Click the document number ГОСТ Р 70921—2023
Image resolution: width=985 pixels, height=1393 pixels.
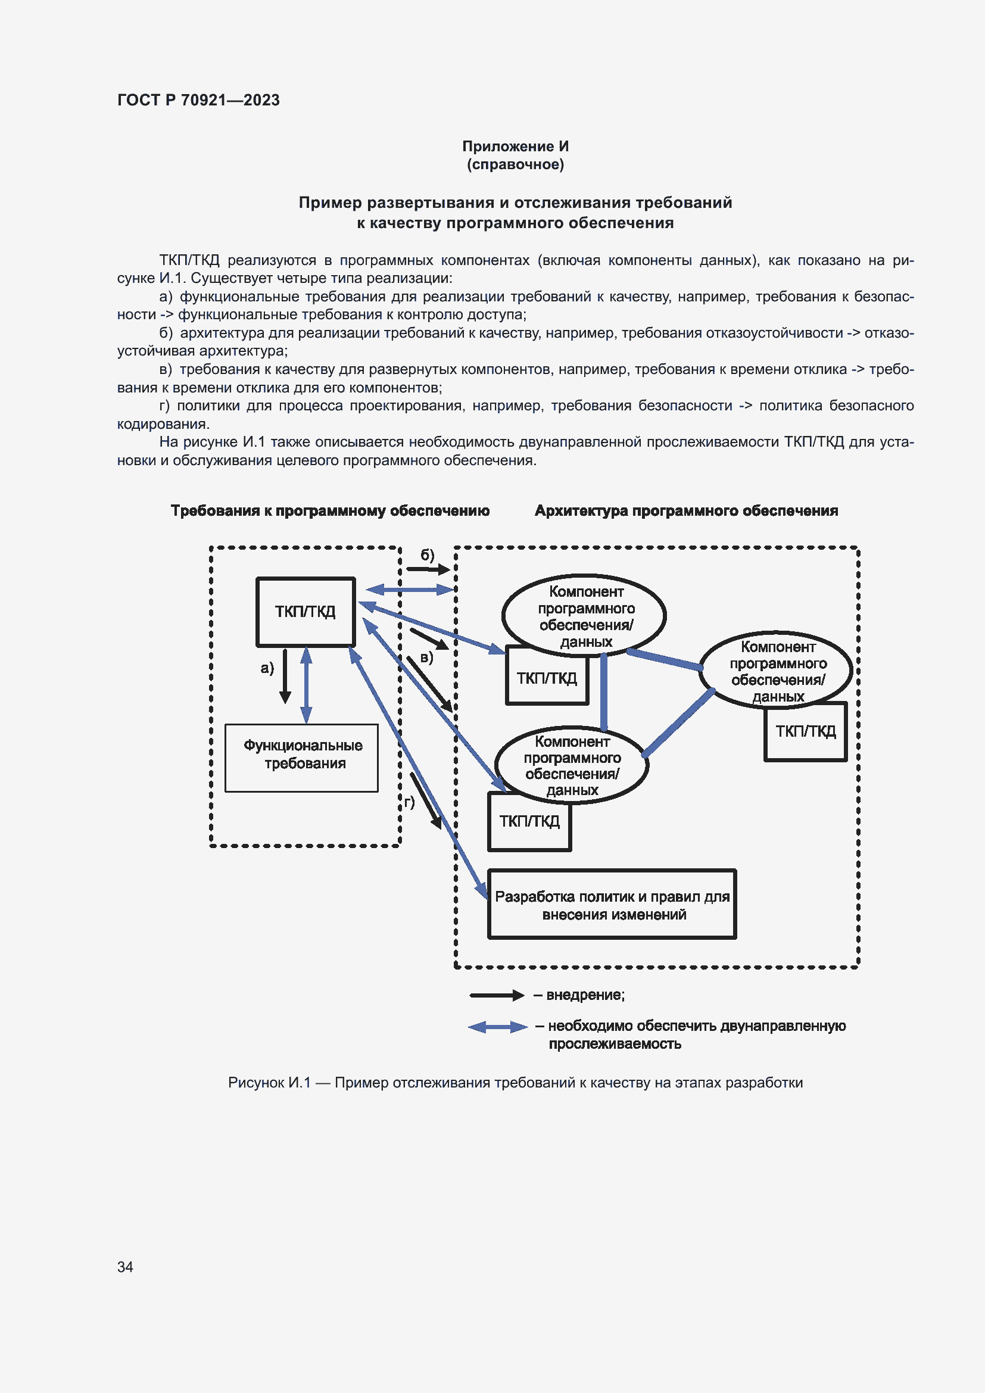pyautogui.click(x=198, y=100)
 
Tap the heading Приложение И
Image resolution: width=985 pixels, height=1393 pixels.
pyautogui.click(x=515, y=147)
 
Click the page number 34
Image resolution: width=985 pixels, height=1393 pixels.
pyautogui.click(x=125, y=1267)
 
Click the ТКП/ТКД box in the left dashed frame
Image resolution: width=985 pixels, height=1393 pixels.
pyautogui.click(x=305, y=612)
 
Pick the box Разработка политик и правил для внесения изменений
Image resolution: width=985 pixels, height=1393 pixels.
pyautogui.click(x=612, y=905)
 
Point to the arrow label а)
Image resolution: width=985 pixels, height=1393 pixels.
pyautogui.click(x=267, y=668)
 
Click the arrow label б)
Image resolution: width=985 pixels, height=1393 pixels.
pyautogui.click(x=428, y=554)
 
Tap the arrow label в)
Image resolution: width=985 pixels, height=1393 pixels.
pyautogui.click(x=426, y=657)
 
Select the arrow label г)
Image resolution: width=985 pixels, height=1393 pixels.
pyautogui.click(x=409, y=802)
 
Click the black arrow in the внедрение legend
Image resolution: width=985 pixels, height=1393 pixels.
pyautogui.click(x=496, y=995)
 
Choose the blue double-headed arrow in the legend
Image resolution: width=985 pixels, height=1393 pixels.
pyautogui.click(x=497, y=1027)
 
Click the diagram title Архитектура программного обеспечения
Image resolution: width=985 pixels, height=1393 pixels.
pyautogui.click(x=686, y=511)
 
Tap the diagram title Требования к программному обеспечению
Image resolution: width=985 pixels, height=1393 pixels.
pyautogui.click(x=330, y=511)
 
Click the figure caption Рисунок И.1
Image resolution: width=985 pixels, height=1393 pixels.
pyautogui.click(x=515, y=1082)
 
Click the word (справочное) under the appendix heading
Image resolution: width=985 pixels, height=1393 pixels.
pyautogui.click(x=515, y=164)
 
